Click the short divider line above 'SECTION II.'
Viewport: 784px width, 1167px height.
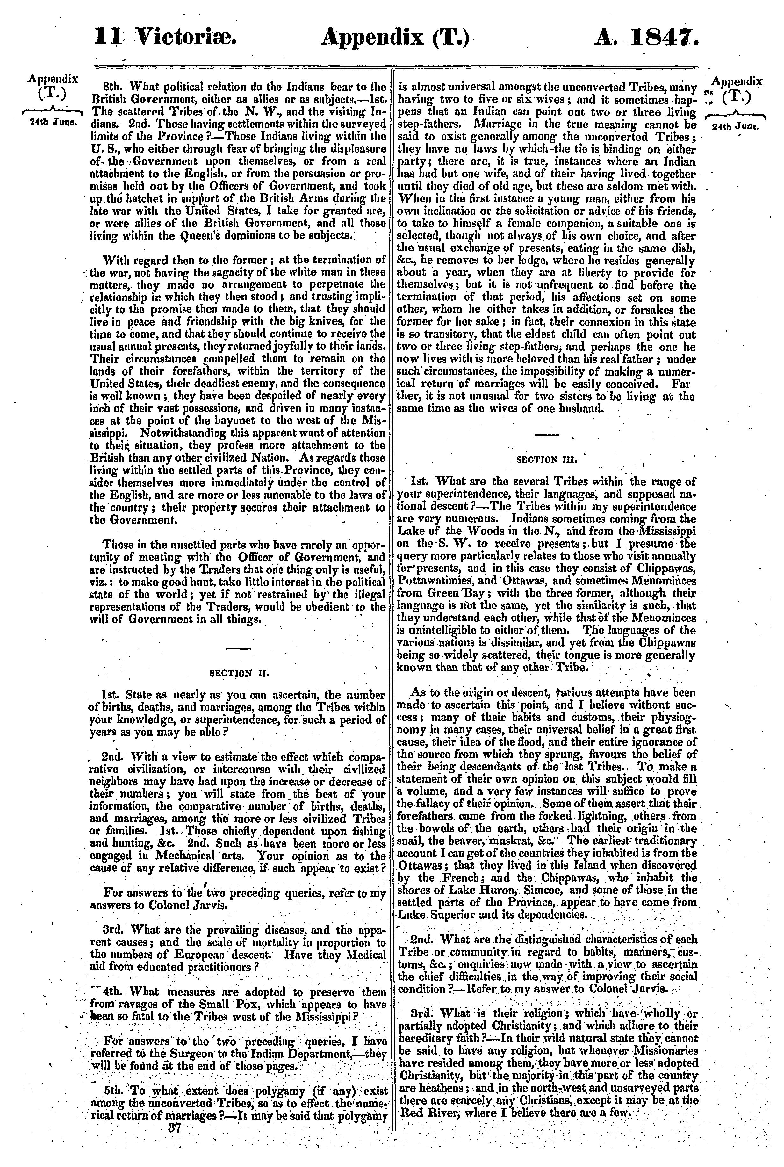pyautogui.click(x=239, y=649)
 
